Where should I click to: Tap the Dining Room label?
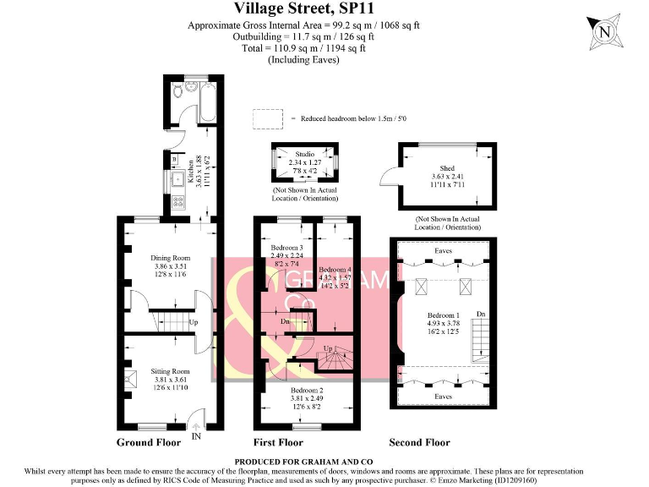coord(171,258)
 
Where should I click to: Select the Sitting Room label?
coord(171,371)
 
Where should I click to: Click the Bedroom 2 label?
coord(305,391)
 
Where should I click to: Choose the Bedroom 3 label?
coord(286,247)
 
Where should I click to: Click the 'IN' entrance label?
coord(196,437)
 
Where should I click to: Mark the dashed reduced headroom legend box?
coord(267,118)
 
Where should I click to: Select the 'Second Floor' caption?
coord(419,442)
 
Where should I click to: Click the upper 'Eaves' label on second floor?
coord(443,250)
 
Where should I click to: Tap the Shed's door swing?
coord(390,177)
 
